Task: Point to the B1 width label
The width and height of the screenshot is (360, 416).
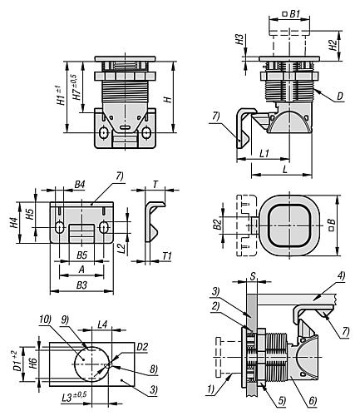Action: (x=294, y=14)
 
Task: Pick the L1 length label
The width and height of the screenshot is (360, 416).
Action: (x=263, y=154)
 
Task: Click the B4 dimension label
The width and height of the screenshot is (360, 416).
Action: (x=80, y=183)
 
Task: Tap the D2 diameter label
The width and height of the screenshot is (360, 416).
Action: (x=143, y=346)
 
